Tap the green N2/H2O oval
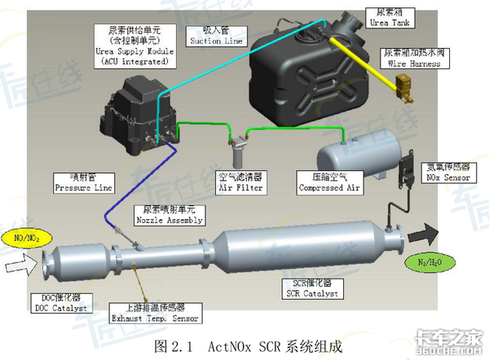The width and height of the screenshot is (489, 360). (430, 262)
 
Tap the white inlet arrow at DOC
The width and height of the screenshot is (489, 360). (17, 263)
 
